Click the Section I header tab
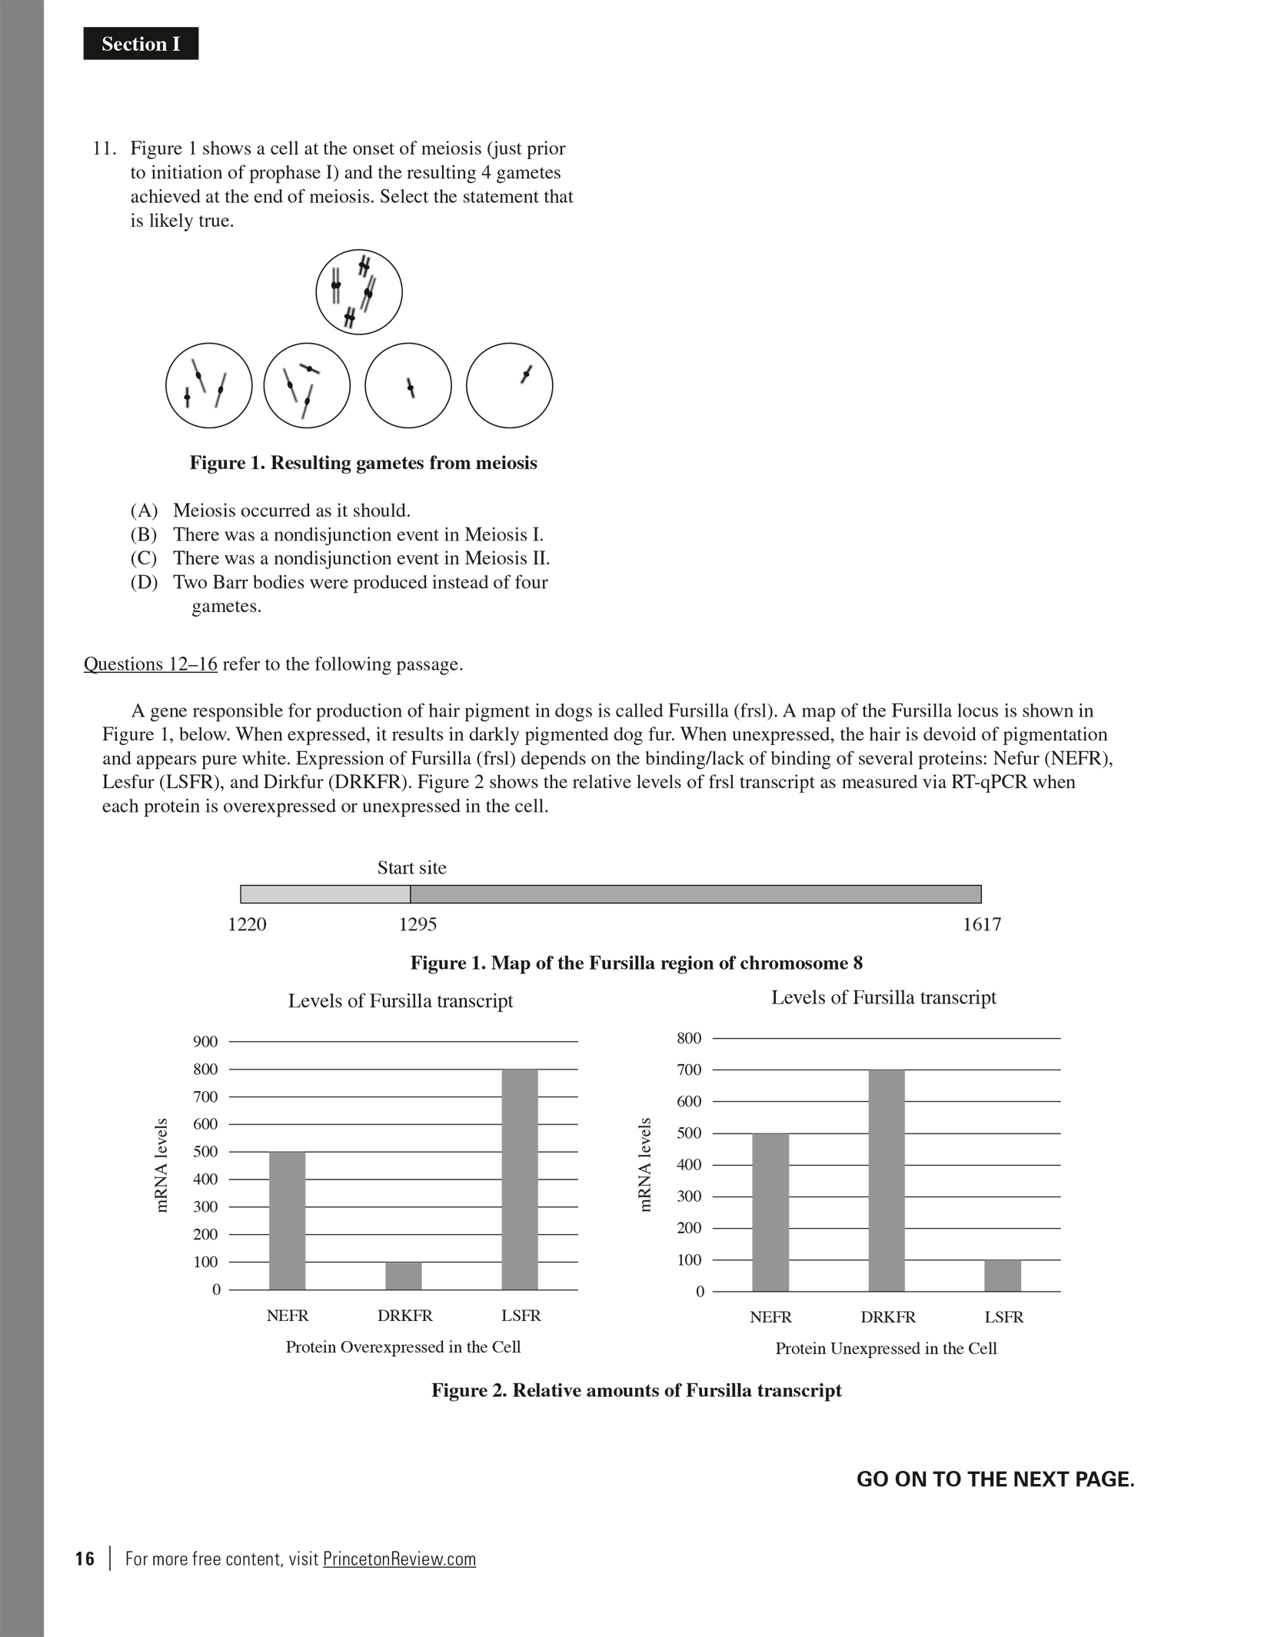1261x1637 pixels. coord(141,44)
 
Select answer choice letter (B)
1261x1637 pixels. coord(144,534)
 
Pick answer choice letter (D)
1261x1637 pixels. coord(144,582)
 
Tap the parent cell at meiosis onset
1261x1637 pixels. coord(358,292)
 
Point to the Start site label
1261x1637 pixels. coord(411,868)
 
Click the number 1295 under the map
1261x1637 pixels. coord(418,924)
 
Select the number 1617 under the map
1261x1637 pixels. coord(982,924)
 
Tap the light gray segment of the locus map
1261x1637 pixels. coord(325,894)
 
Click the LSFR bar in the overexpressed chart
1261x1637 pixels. coord(520,1179)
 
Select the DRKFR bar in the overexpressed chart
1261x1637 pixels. coord(404,1276)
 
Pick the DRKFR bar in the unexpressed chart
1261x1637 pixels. coord(887,1180)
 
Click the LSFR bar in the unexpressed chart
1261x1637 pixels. coord(1003,1276)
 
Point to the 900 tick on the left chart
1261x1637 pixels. coord(205,1042)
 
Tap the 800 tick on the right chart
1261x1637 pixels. coord(689,1039)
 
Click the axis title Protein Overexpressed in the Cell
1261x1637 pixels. coord(403,1347)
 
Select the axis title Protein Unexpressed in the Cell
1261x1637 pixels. coord(886,1349)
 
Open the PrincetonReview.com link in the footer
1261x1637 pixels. coord(399,1559)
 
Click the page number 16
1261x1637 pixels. coord(85,1559)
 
